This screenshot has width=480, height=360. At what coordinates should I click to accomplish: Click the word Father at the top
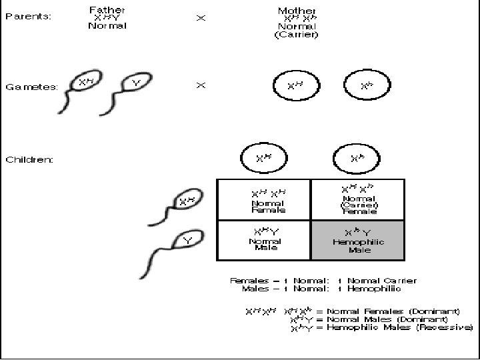pyautogui.click(x=107, y=10)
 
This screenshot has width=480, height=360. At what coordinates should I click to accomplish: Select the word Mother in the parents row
pyautogui.click(x=297, y=10)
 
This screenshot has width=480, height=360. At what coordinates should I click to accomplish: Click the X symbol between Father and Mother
pyautogui.click(x=201, y=18)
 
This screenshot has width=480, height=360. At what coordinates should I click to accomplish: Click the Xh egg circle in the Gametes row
pyautogui.click(x=366, y=86)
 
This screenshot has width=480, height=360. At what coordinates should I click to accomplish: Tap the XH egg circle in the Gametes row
pyautogui.click(x=295, y=86)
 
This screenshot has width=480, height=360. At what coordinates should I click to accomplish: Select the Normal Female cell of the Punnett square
pyautogui.click(x=265, y=199)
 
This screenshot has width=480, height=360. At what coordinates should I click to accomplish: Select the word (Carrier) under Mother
pyautogui.click(x=297, y=35)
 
